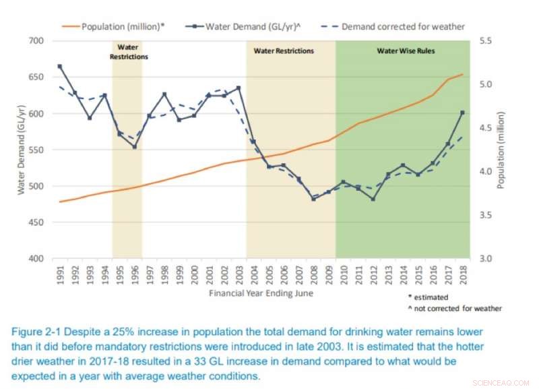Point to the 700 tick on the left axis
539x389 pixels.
(34, 41)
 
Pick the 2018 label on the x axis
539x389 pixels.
(462, 274)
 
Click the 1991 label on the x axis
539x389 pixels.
(60, 274)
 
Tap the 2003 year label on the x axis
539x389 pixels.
(239, 274)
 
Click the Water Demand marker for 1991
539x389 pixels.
(60, 66)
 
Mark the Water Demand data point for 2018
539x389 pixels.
(462, 113)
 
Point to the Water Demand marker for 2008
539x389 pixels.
(313, 199)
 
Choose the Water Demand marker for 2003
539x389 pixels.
(239, 88)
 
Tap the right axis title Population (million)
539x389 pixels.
(501, 150)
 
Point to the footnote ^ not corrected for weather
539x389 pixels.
(455, 308)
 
